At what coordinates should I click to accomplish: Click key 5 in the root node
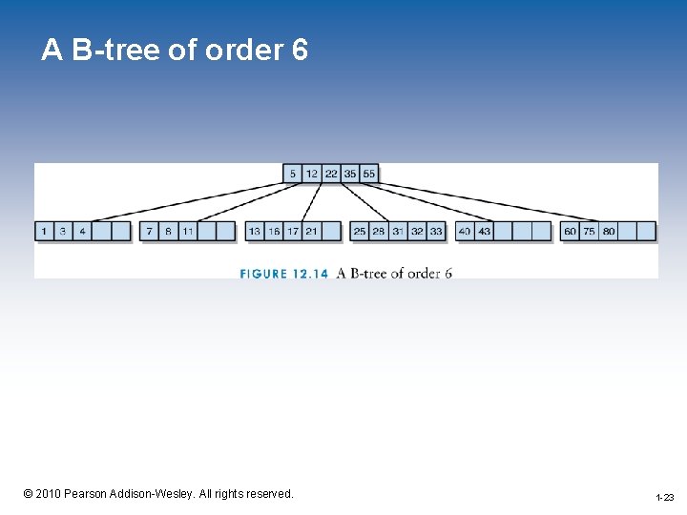tap(294, 174)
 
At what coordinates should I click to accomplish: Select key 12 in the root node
tap(312, 174)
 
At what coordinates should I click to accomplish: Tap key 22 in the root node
tap(331, 174)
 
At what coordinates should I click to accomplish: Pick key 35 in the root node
tap(350, 174)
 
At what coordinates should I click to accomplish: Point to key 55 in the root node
tap(369, 174)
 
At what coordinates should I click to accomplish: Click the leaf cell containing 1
tap(44, 231)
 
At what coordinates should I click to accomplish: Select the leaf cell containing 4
tap(82, 231)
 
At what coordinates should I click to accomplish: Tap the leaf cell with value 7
tap(150, 231)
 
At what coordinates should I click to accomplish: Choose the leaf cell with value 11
tap(188, 231)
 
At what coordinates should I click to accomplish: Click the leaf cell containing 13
tap(255, 231)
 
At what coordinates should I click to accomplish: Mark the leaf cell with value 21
tap(312, 231)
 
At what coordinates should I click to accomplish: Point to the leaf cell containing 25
tap(360, 231)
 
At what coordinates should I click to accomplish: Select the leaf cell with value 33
tap(436, 231)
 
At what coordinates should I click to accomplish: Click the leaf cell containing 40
tap(465, 231)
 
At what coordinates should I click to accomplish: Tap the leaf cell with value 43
tap(484, 231)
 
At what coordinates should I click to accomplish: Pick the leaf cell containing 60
tap(571, 231)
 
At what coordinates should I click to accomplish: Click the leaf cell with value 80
tap(609, 231)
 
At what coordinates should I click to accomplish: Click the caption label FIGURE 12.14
tap(284, 274)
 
